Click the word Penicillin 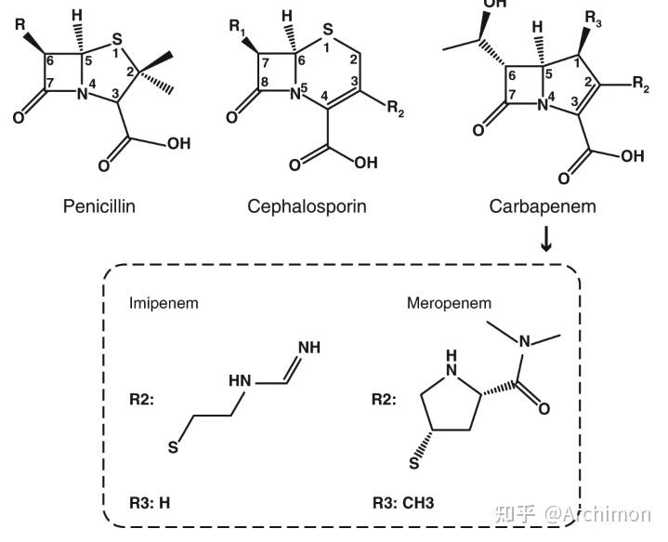(x=99, y=206)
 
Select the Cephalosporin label (x=307, y=206)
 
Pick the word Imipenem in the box (x=164, y=303)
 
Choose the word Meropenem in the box (x=449, y=303)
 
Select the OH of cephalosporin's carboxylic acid (x=367, y=163)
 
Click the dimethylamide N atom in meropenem (x=525, y=341)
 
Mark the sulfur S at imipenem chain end (x=172, y=449)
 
